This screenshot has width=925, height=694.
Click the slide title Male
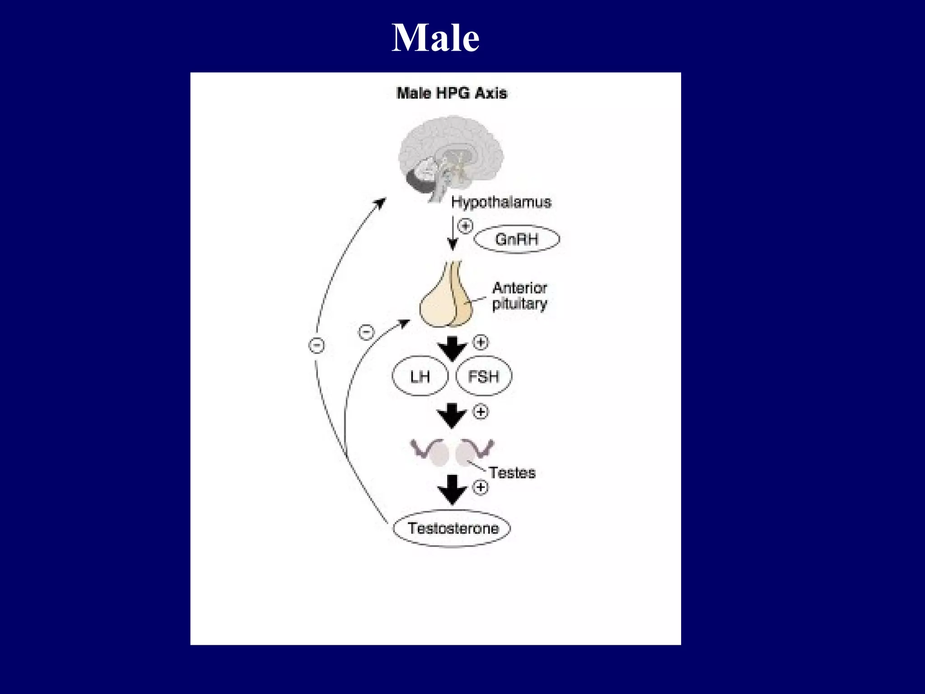pyautogui.click(x=435, y=38)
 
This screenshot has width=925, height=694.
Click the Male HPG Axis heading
pyautogui.click(x=452, y=93)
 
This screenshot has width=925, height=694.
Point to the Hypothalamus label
pyautogui.click(x=501, y=202)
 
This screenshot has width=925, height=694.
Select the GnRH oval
pyautogui.click(x=517, y=239)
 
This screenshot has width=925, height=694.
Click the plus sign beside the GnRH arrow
pyautogui.click(x=466, y=225)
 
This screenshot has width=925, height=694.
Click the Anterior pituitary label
pyautogui.click(x=519, y=295)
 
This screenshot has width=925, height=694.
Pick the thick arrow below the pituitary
pyautogui.click(x=452, y=348)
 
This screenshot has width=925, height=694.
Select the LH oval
pyautogui.click(x=420, y=376)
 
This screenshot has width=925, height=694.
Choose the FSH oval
pyautogui.click(x=484, y=376)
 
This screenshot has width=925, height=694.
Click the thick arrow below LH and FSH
pyautogui.click(x=452, y=415)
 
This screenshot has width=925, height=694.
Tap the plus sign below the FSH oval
pyautogui.click(x=481, y=412)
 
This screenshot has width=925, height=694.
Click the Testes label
pyautogui.click(x=512, y=473)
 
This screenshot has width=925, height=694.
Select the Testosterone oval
pyautogui.click(x=452, y=528)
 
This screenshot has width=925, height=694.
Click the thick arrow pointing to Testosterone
pyautogui.click(x=452, y=489)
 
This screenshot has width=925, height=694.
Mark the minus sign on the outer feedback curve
pyautogui.click(x=317, y=346)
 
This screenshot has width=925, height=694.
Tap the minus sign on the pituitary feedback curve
pyautogui.click(x=366, y=332)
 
